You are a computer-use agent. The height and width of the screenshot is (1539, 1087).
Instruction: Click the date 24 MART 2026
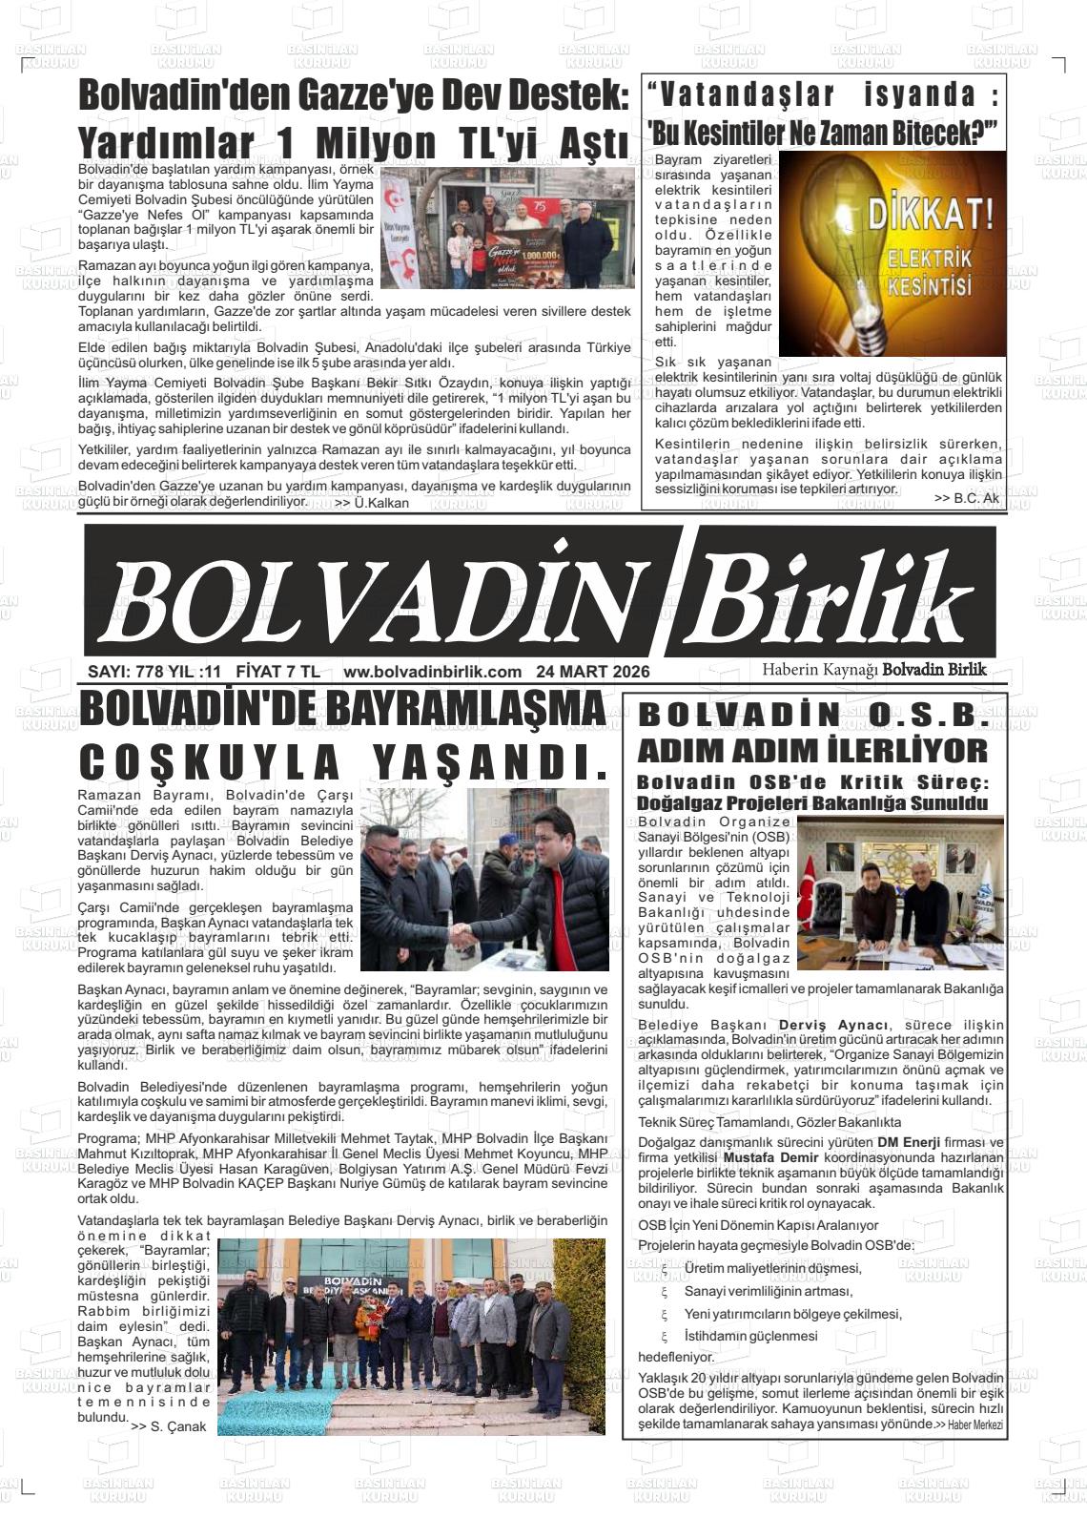[592, 672]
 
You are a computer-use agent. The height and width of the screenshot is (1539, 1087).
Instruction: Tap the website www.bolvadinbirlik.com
[432, 672]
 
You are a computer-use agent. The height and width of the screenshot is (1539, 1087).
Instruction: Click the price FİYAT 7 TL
[277, 672]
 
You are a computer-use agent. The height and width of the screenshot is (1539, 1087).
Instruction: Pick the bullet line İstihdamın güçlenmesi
[750, 1336]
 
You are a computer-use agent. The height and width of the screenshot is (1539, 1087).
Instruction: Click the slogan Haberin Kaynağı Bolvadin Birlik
[873, 670]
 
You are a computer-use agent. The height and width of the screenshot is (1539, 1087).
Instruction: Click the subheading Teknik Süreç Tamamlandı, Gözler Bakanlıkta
[769, 1122]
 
